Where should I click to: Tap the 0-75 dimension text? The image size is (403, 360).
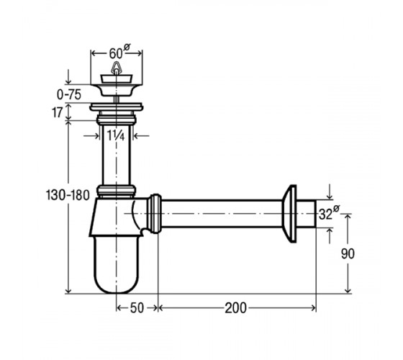[69, 94]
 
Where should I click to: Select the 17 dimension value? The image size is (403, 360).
[58, 112]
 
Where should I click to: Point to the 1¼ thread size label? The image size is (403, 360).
[116, 135]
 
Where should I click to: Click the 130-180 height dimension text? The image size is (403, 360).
[68, 195]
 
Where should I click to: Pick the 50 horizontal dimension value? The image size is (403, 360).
[137, 308]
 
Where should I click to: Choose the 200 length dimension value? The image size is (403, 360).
[236, 308]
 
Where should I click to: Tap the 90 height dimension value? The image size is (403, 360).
[348, 253]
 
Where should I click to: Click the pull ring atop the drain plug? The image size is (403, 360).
[115, 68]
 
